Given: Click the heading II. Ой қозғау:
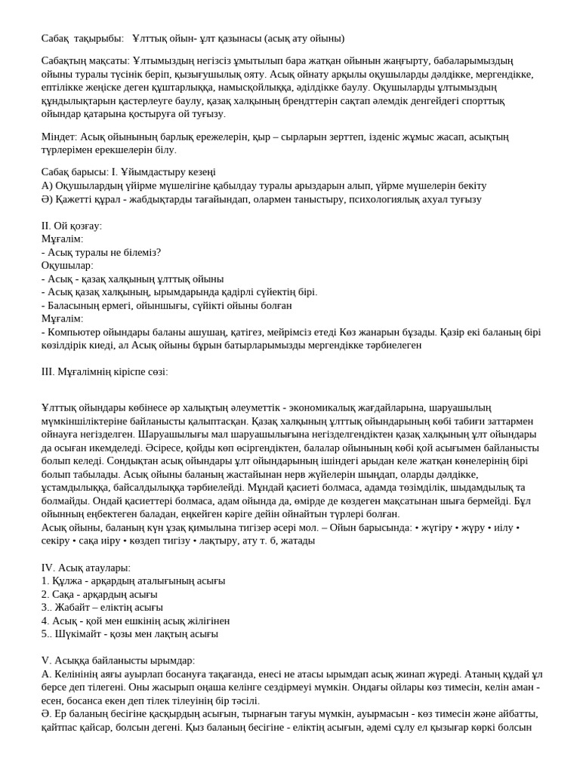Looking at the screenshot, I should [x=72, y=226].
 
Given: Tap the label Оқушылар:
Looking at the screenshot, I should [x=67, y=266].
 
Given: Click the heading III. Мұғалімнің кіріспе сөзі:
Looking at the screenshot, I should [x=104, y=371].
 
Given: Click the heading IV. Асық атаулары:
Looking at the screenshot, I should [x=86, y=568].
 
